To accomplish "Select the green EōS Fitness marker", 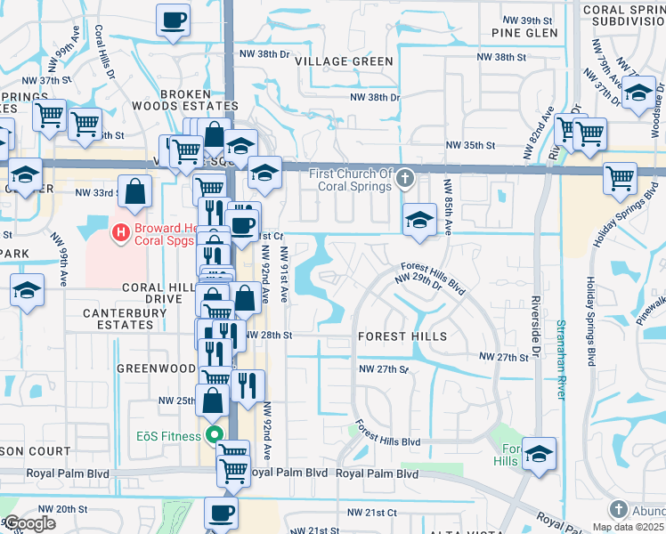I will [x=213, y=435].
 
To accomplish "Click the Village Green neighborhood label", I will [x=344, y=61].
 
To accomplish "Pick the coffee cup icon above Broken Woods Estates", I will [x=173, y=19].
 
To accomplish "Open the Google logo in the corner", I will [x=29, y=523].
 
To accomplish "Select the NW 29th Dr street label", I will [x=423, y=284].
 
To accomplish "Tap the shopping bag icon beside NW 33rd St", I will [x=134, y=190].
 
